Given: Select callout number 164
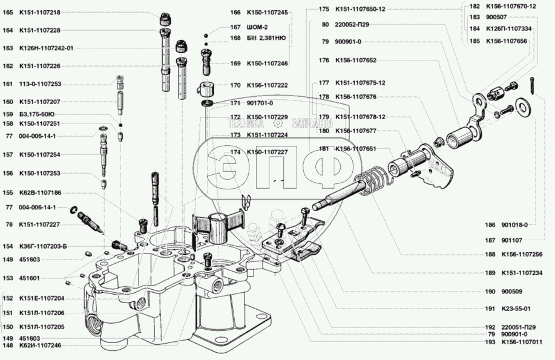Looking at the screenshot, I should tap(8, 30).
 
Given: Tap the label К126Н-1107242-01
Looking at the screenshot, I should tap(47, 48).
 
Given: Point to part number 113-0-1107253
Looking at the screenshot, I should tap(41, 84).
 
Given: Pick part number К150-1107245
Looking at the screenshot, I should tap(267, 12).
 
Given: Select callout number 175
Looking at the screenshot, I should tap(324, 9).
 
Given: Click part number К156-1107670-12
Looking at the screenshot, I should tap(511, 6).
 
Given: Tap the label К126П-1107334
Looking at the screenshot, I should tap(510, 29).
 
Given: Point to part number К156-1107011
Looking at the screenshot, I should tap(521, 342).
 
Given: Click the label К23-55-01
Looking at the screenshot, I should tap(516, 309).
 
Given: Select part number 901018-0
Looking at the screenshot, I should tap(514, 224).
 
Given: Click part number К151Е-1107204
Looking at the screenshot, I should tap(42, 299).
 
